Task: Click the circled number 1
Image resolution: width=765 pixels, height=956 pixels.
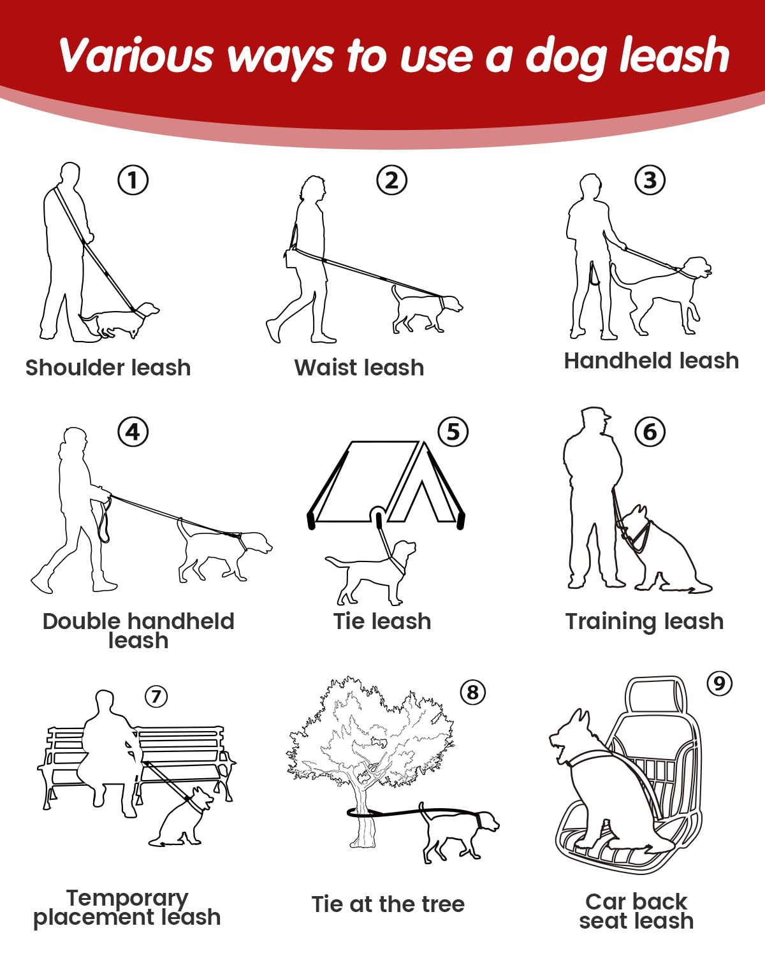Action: (x=133, y=180)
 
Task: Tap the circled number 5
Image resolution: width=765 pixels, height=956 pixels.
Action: (x=453, y=431)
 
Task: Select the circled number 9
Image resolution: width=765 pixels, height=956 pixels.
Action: (x=719, y=683)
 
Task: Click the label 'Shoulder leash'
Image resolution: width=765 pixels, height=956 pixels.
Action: (x=108, y=367)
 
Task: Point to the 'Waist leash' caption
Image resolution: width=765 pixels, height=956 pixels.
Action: (x=359, y=367)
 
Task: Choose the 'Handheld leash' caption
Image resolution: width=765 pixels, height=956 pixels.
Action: (x=651, y=360)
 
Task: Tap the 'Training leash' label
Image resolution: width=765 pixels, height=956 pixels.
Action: (x=644, y=621)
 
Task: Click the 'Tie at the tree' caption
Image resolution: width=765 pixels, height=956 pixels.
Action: (x=388, y=904)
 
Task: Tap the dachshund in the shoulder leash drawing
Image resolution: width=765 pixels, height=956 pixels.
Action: (x=119, y=319)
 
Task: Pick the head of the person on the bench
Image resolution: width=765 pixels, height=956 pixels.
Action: (x=104, y=702)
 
